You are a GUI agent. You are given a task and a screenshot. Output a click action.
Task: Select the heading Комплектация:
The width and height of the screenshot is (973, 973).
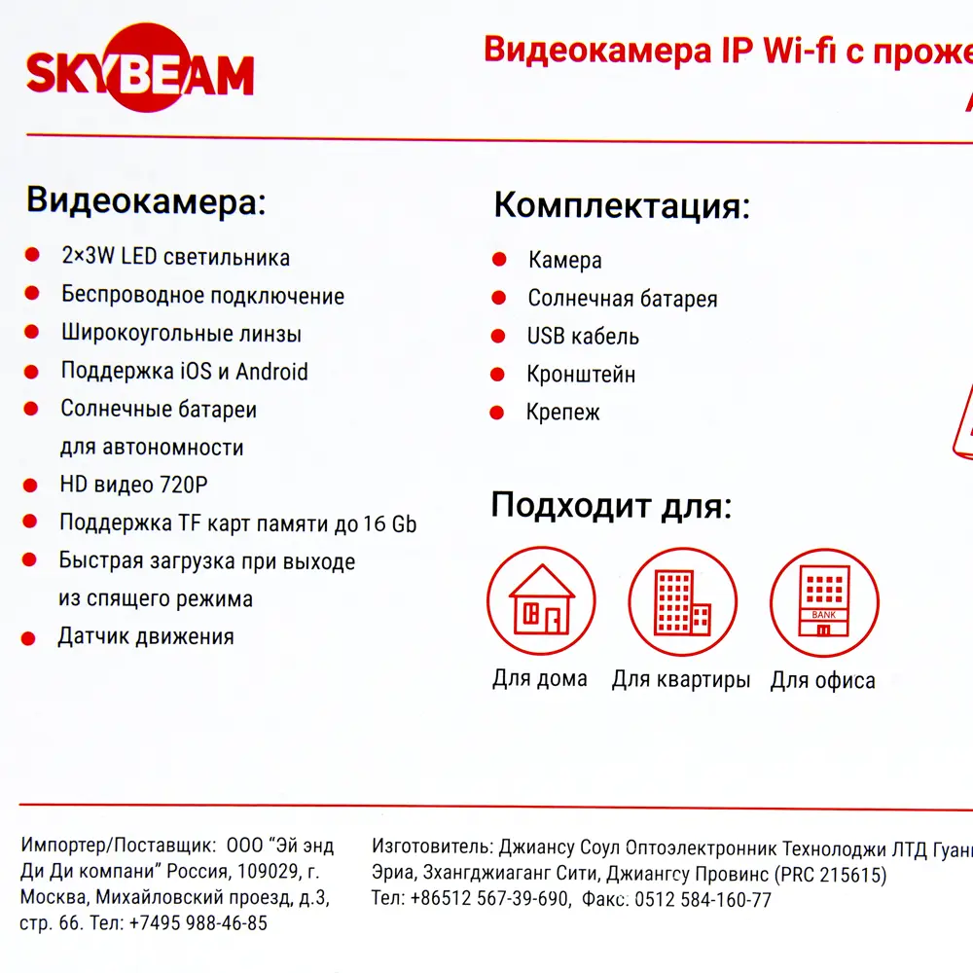point(622,206)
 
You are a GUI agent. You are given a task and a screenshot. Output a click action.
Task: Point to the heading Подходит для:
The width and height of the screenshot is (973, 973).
point(610,505)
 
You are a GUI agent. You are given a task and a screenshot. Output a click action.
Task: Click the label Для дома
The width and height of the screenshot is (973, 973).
point(539,678)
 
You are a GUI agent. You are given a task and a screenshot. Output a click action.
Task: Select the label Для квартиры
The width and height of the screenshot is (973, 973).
point(680,679)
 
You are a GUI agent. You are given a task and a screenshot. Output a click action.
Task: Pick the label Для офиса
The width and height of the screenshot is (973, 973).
point(822,680)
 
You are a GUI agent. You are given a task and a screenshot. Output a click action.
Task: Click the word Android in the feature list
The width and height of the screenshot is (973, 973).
point(271,371)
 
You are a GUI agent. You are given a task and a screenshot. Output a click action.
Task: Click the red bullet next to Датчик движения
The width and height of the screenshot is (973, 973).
point(29,638)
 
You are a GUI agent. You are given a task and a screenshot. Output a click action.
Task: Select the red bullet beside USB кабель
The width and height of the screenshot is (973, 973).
point(498,337)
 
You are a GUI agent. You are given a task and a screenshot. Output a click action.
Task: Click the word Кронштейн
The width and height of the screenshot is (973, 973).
point(581,375)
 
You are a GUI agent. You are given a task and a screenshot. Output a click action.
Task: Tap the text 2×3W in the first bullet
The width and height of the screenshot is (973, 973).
point(88,258)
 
